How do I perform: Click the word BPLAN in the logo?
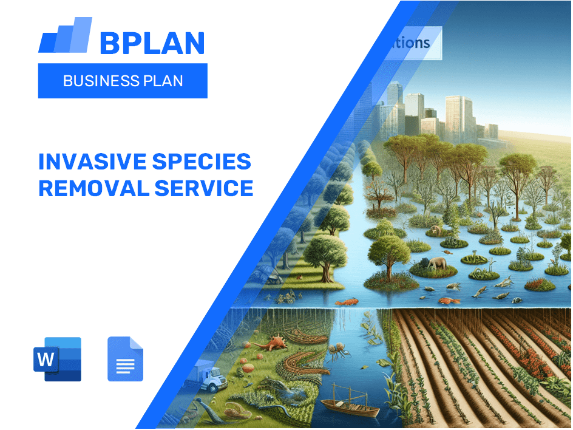point(152,43)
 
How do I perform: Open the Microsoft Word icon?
point(57,359)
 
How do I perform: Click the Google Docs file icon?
point(125,359)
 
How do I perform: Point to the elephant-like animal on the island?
point(436,264)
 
